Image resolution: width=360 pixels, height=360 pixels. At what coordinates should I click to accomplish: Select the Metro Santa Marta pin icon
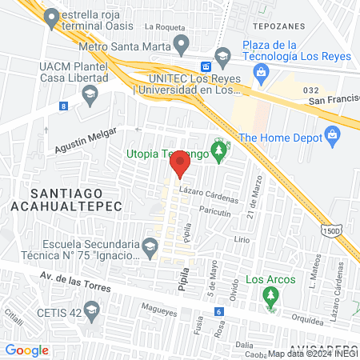(182, 42)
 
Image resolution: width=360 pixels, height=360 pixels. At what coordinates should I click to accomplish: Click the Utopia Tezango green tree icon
(216, 150)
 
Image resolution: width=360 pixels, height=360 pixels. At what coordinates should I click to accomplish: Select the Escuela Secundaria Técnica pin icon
(150, 245)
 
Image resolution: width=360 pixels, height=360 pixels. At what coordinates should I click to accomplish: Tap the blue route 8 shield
(63, 106)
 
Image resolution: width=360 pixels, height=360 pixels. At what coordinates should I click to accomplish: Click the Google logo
(26, 350)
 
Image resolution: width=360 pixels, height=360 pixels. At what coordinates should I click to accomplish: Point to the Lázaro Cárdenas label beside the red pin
(209, 195)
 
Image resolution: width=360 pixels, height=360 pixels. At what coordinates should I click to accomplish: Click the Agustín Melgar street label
(86, 142)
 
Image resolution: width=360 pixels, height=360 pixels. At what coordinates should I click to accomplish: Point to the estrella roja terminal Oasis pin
(52, 17)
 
